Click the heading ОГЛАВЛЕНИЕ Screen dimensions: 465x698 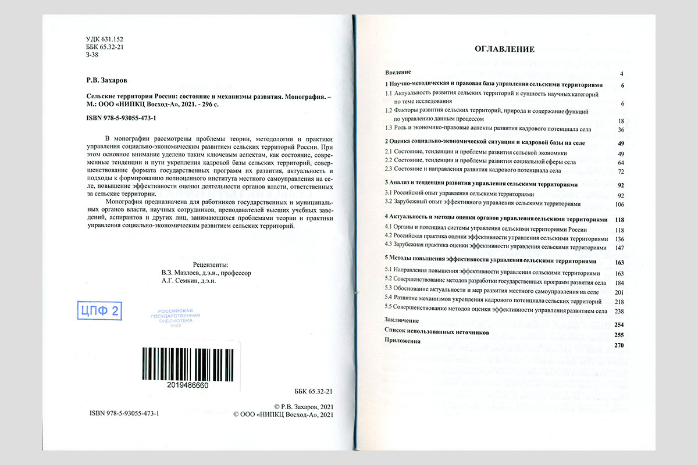[x=504, y=49]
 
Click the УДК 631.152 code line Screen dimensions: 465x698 [x=104, y=38]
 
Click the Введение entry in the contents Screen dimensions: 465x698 [x=398, y=73]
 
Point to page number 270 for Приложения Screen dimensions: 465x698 [x=618, y=345]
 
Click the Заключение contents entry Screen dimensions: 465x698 [x=402, y=320]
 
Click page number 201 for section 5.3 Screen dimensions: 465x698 [x=619, y=292]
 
